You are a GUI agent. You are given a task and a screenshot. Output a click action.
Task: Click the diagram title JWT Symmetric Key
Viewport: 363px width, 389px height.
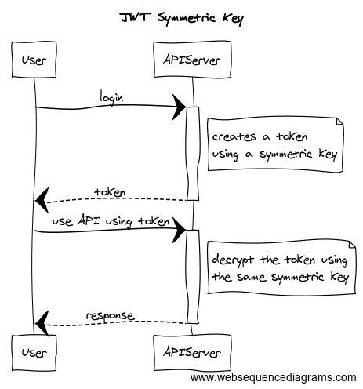(181, 16)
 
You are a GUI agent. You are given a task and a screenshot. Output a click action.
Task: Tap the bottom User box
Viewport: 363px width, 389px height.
(34, 345)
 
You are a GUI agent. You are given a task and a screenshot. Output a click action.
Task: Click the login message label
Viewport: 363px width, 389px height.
(111, 97)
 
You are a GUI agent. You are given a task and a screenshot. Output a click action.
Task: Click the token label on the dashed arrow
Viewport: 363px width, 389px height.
(110, 191)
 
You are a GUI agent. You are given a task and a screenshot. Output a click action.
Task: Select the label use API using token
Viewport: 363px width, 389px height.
(111, 221)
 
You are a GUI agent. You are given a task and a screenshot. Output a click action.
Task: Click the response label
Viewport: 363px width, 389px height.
(110, 315)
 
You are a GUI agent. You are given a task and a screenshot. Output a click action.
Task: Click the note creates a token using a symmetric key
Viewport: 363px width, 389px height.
(274, 145)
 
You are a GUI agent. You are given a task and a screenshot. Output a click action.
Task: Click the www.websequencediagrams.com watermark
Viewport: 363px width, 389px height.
(274, 378)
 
